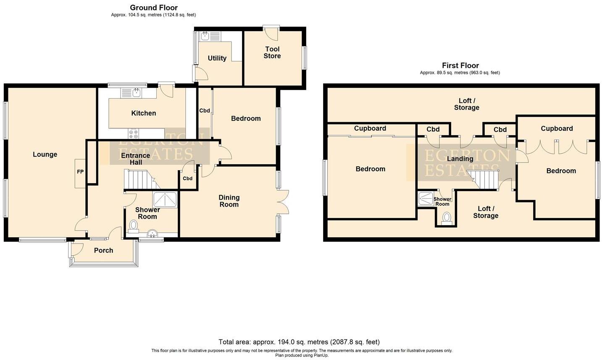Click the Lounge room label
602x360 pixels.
point(45,155)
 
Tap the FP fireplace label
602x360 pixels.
point(80,172)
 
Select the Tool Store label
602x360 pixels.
point(272,53)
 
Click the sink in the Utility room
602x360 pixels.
point(205,36)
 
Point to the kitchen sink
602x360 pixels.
point(137,92)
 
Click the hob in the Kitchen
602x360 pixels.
point(134,134)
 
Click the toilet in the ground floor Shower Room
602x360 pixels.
point(134,226)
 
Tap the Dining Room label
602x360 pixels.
point(229,201)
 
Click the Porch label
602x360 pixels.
point(103,250)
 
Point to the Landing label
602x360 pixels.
point(460,159)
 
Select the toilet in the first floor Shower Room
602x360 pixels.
point(447,218)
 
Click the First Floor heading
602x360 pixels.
point(460,66)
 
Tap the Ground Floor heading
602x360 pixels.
point(153,8)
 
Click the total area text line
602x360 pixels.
point(299,342)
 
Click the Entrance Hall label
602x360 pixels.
point(135,159)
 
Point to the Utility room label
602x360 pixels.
point(217,58)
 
